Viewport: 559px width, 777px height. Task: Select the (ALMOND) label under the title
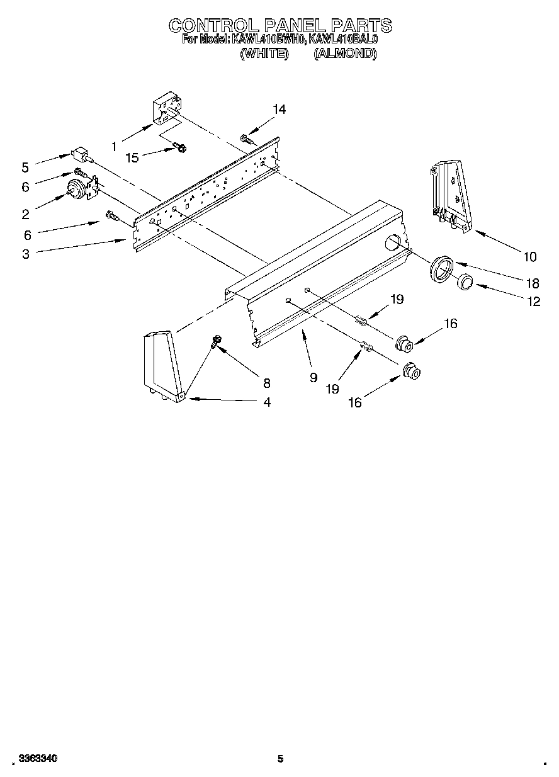(345, 54)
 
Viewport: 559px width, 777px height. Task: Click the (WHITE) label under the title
(264, 54)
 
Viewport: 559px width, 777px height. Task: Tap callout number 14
(279, 110)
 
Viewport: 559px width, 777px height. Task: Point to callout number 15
(132, 157)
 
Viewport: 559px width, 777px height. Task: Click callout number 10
(529, 256)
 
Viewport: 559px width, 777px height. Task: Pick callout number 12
(533, 302)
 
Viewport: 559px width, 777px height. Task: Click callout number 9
(312, 378)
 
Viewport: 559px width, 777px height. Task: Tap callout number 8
(266, 382)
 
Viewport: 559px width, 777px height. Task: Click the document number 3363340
(38, 759)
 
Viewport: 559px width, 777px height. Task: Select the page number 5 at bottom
(281, 759)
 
